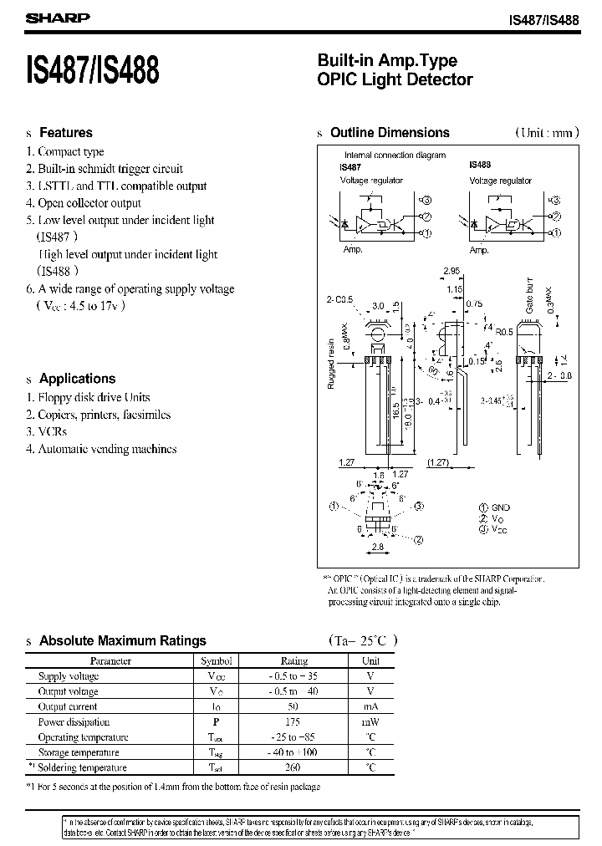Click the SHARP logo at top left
pos(53,16)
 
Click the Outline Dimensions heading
pos(390,133)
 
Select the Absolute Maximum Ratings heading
pos(123,641)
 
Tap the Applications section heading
pos(78,379)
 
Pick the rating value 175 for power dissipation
pos(293,722)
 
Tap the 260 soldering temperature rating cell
pos(293,767)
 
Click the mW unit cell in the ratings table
pos(370,722)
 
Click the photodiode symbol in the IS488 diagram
pos(473,224)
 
